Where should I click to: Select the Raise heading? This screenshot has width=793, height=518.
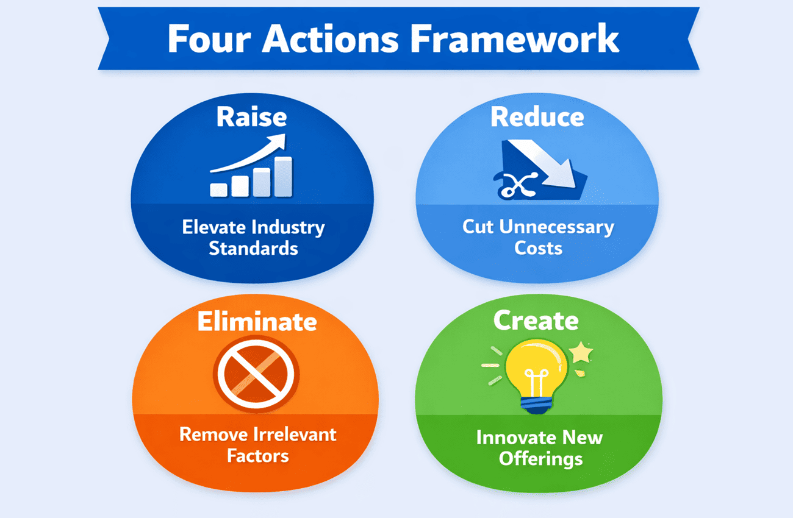point(251,117)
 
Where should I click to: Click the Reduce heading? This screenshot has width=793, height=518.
point(537,117)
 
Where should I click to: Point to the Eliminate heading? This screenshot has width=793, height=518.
point(257,321)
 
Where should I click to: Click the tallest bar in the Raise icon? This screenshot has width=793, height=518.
point(283,177)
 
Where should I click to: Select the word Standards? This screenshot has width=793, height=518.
point(253,248)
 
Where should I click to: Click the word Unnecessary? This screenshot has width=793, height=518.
point(556,227)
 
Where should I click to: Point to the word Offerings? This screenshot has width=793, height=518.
point(540,458)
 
